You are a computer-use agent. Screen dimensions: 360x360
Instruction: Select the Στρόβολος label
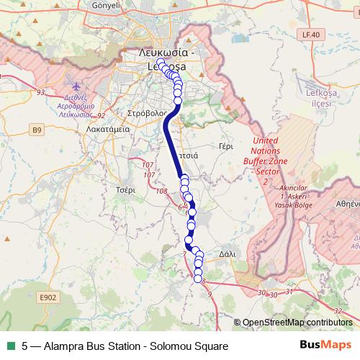click(x=147, y=114)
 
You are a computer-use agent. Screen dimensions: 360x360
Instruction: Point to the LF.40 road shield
click(x=310, y=34)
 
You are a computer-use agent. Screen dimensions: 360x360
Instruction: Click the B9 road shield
click(x=37, y=130)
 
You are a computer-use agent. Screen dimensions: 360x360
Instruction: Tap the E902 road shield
click(x=48, y=297)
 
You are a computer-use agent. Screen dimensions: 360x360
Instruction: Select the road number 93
click(x=40, y=92)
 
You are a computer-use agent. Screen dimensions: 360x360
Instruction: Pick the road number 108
click(x=161, y=191)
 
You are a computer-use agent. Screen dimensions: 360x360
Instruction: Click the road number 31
click(x=289, y=292)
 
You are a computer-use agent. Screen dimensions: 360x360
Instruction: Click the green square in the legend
click(x=11, y=346)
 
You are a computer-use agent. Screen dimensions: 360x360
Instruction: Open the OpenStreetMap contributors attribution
click(x=297, y=322)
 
